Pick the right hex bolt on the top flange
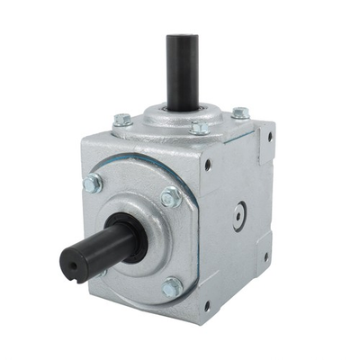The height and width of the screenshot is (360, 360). click(x=240, y=113)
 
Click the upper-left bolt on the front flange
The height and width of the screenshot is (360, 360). click(x=92, y=184)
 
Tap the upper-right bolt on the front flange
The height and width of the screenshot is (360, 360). click(x=171, y=197)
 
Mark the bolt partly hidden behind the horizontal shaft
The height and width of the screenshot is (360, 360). click(x=101, y=270)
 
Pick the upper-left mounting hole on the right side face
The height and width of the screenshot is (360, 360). click(x=209, y=166)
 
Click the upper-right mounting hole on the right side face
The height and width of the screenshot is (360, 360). click(x=266, y=138)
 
